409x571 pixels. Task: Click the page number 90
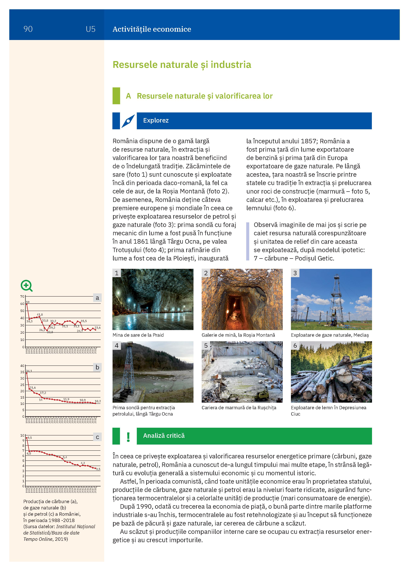coord(28,29)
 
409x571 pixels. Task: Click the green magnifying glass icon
coord(26,286)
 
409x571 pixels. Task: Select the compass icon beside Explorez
coord(128,121)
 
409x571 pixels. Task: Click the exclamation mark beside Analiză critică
coord(128,437)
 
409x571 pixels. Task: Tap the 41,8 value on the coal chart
coord(40,315)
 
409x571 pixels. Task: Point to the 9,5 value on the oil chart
coord(30,438)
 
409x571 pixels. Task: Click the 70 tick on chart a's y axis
coord(22,297)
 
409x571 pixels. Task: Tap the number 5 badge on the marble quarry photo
coord(206,346)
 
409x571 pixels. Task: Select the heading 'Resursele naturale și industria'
coord(182,65)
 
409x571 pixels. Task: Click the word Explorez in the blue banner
coord(156,121)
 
